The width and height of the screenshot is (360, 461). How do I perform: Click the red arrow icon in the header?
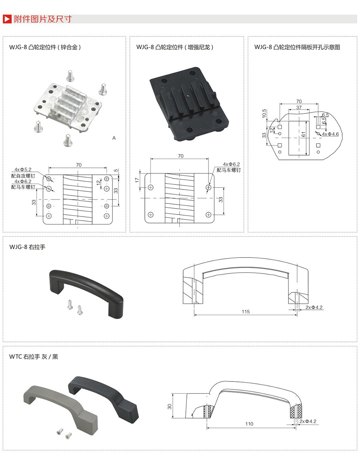point(7,19)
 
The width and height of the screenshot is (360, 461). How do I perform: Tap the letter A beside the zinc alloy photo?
point(114,138)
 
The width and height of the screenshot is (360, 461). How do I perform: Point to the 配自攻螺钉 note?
point(23,175)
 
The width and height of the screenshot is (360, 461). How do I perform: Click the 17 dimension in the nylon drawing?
point(137,180)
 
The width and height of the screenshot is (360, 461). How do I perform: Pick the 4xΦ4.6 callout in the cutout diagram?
point(330,135)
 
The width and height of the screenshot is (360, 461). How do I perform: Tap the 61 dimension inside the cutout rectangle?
point(303,135)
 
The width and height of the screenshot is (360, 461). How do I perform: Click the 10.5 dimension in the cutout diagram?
point(264,114)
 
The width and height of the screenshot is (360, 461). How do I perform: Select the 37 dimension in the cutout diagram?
point(299,108)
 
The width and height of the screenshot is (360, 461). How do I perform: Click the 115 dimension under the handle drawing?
point(245,312)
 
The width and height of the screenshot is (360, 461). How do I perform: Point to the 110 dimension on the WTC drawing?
point(249,424)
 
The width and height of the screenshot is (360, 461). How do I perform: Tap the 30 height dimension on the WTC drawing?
point(169,407)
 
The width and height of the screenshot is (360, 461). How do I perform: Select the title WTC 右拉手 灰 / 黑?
point(34,357)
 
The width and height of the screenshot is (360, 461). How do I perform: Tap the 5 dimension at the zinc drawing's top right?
point(116,171)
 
